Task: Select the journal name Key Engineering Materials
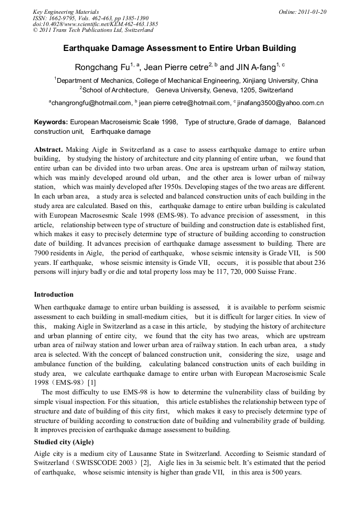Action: pyautogui.click(x=65, y=12)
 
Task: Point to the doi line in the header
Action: pyautogui.click(x=95, y=24)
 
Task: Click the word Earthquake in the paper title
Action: pyautogui.click(x=85, y=48)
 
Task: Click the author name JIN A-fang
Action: pyautogui.click(x=255, y=67)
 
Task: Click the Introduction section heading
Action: pyautogui.click(x=54, y=295)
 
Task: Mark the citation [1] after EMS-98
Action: pyautogui.click(x=91, y=383)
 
